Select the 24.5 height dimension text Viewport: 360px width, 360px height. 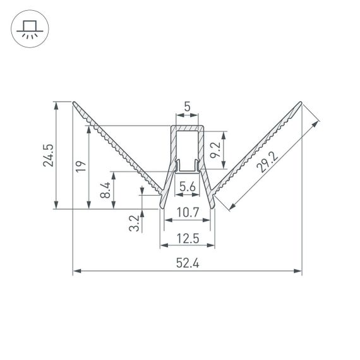click(x=49, y=155)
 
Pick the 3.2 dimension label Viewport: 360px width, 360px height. click(x=133, y=222)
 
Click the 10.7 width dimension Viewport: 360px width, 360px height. click(x=188, y=213)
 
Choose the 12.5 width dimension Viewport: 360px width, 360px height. click(x=188, y=238)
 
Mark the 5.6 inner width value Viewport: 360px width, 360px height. click(x=187, y=186)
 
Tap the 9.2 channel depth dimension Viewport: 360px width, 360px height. click(x=215, y=150)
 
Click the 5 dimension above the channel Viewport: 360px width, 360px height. click(x=188, y=107)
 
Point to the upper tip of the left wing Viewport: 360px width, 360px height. click(x=74, y=102)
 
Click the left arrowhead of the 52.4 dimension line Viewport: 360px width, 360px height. click(x=76, y=272)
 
